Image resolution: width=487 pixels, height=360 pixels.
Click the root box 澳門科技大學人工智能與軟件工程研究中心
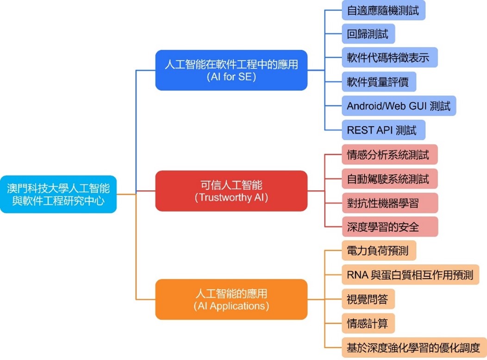point(58,194)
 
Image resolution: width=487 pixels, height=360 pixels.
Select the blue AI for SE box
point(231,70)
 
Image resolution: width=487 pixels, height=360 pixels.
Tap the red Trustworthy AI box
point(231,191)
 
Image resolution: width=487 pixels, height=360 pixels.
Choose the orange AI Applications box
point(231,299)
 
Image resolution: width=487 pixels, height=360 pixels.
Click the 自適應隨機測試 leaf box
point(383,9)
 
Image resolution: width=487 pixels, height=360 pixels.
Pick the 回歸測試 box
point(368,33)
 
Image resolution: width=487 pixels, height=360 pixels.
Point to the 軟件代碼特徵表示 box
point(389,57)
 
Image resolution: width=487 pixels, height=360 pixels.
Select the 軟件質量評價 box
point(379,82)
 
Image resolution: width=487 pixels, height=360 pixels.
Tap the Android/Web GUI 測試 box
point(399,106)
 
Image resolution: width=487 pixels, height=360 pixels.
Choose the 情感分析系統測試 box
point(389,155)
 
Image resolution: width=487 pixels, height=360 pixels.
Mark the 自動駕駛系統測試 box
point(389,179)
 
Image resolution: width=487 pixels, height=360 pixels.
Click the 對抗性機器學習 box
point(383,203)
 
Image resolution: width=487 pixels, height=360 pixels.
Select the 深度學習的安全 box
point(383,227)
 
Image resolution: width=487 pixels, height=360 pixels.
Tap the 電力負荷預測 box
point(379,251)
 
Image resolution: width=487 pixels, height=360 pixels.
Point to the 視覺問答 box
point(368,299)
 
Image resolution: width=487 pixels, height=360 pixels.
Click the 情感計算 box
point(368,323)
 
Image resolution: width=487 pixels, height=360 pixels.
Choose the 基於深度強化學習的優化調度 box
point(414,347)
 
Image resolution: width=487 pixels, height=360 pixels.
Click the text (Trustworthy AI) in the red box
point(231,198)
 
